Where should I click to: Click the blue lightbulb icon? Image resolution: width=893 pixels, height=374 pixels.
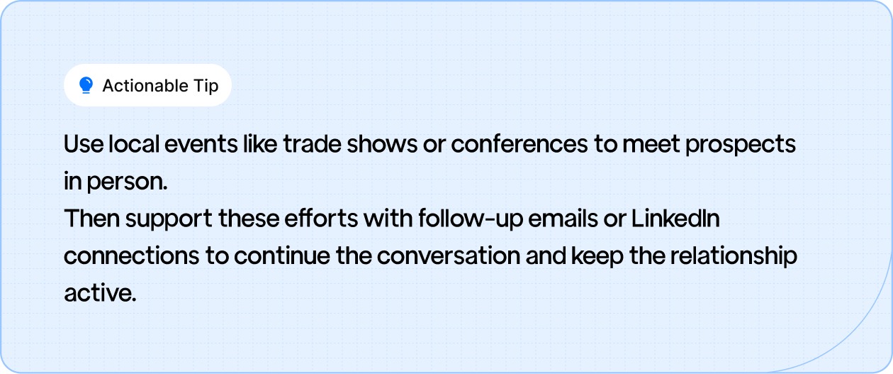point(86,86)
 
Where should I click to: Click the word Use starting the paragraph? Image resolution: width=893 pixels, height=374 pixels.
point(83,145)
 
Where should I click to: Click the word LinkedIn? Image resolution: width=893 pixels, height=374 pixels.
point(675,219)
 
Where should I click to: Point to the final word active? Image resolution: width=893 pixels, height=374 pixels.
point(99,293)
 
